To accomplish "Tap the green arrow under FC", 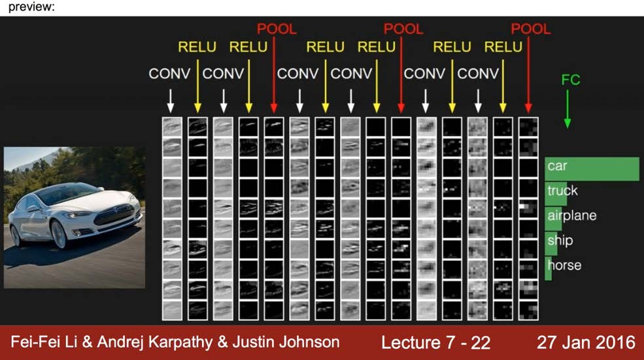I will click(x=568, y=108).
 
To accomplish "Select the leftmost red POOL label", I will click(x=276, y=29).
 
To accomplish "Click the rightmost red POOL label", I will click(x=531, y=29).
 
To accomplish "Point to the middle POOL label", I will click(x=403, y=29).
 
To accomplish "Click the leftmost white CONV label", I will click(x=170, y=74).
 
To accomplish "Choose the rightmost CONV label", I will click(x=478, y=74).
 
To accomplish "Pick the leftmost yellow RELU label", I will click(x=197, y=47).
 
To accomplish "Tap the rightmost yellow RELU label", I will click(x=503, y=47).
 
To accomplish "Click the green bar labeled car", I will click(x=592, y=169).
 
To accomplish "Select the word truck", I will click(x=563, y=191).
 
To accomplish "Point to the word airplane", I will click(x=572, y=216).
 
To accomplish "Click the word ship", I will click(x=560, y=240).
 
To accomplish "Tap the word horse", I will click(x=565, y=265).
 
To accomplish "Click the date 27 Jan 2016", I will click(x=586, y=342).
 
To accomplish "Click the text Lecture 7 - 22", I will click(x=435, y=342).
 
